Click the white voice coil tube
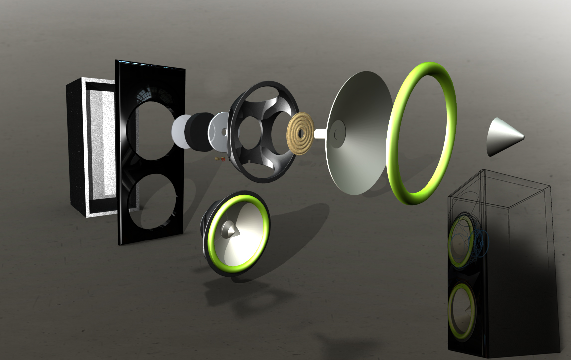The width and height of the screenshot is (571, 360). (x=320, y=133)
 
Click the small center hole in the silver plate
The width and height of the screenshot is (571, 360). (x=224, y=132)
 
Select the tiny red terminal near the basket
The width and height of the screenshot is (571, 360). (x=223, y=160)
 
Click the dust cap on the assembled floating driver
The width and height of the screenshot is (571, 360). (x=230, y=229)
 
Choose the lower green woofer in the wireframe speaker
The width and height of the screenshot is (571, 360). (x=461, y=311)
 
